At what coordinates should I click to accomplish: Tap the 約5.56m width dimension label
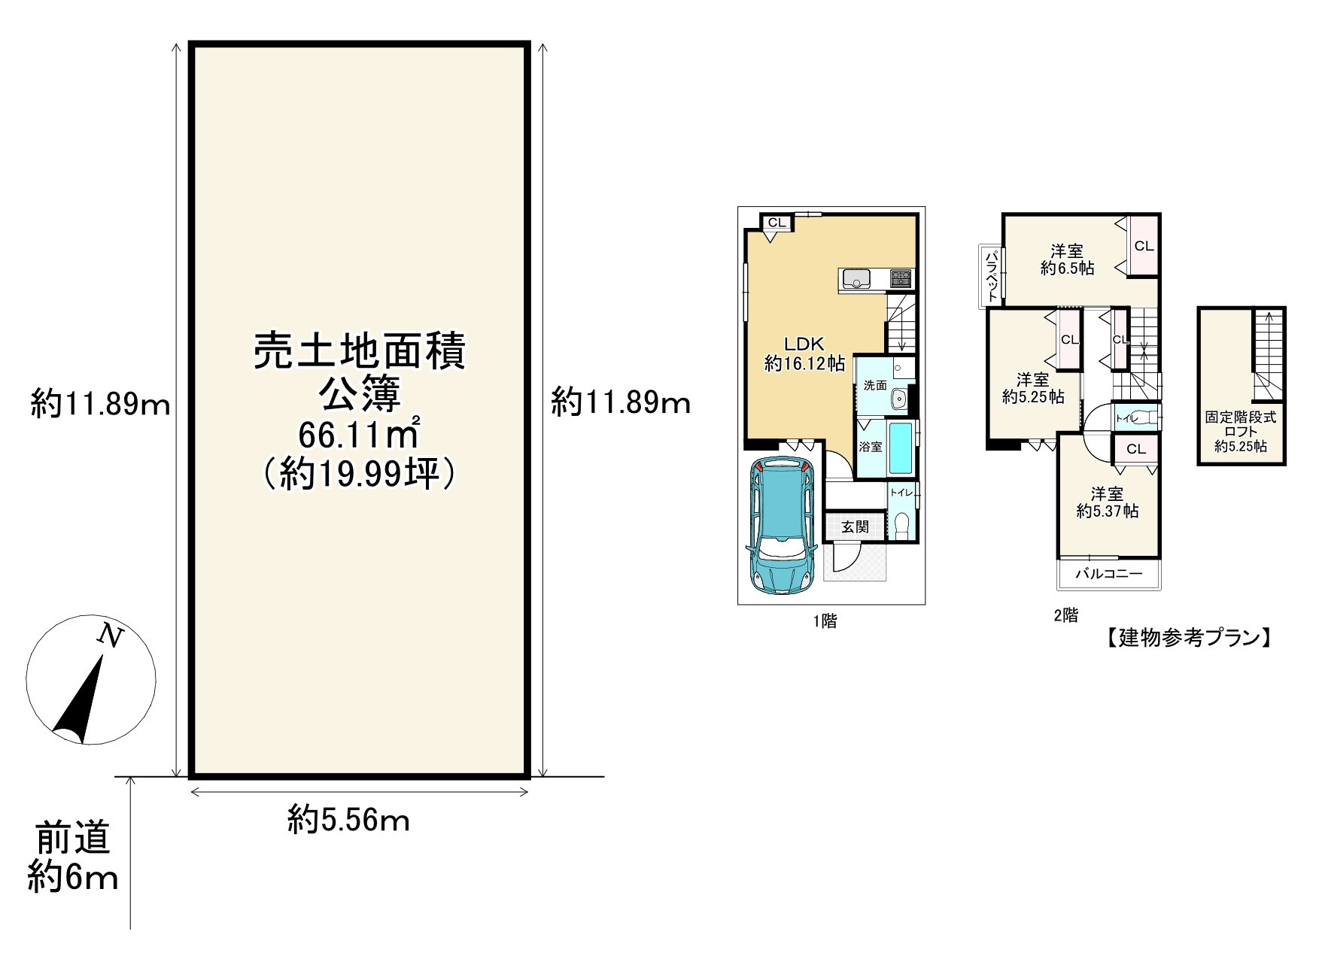[x=349, y=819]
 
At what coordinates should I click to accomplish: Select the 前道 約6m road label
[x=73, y=857]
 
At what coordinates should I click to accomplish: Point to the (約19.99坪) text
[x=358, y=475]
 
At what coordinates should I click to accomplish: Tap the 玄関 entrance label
[x=855, y=526]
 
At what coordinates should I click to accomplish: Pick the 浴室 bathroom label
[x=871, y=447]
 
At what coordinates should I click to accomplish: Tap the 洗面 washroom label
[x=875, y=386]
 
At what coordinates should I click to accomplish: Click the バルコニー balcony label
[x=1108, y=574]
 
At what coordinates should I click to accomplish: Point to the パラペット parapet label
[x=991, y=276]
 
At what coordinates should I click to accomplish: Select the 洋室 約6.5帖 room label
[x=1067, y=259]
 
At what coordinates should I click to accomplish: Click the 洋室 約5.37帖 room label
[x=1107, y=502]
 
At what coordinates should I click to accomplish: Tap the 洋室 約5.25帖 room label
[x=1033, y=388]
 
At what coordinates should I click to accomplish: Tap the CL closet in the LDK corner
[x=777, y=223]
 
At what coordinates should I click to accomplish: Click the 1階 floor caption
[x=825, y=621]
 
